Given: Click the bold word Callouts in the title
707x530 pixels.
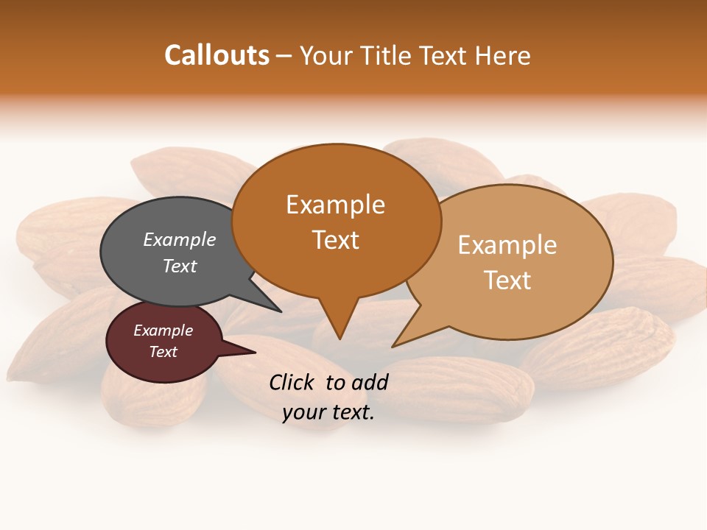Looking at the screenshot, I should click(217, 55).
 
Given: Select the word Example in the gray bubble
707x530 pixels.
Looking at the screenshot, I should click(180, 239).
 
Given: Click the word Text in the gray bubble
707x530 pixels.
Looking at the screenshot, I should click(180, 266).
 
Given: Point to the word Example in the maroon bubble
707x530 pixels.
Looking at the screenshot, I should click(163, 331).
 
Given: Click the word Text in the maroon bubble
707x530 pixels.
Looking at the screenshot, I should click(163, 352).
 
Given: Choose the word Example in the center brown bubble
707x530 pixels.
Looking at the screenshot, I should click(335, 205).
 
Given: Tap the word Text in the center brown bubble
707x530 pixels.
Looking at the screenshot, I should click(335, 239).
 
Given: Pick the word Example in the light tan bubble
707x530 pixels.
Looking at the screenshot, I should click(507, 245).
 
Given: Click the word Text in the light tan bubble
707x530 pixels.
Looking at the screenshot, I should click(507, 280).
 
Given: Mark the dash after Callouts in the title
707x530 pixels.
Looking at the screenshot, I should click(284, 55).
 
